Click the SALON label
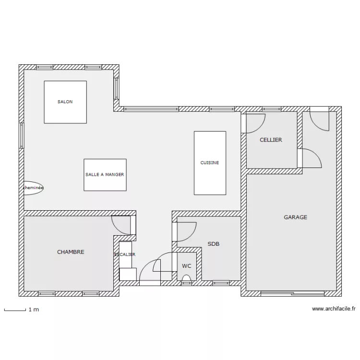tap(65, 102)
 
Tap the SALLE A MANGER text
tap(105, 175)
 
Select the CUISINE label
tap(210, 163)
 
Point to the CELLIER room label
tap(271, 140)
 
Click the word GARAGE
tap(296, 217)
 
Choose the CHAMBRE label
tap(71, 252)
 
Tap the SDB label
tap(214, 244)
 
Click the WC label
tap(186, 266)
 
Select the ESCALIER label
tap(125, 254)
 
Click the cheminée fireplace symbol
tap(34, 188)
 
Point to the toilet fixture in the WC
tap(186, 278)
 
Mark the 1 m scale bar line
tap(15, 311)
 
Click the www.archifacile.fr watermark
tap(334, 309)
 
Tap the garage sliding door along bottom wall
tap(292, 293)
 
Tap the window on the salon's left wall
tap(22, 135)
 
